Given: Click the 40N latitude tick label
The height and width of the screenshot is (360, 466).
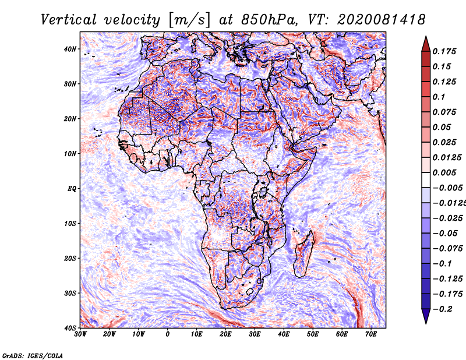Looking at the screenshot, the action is coord(70,49).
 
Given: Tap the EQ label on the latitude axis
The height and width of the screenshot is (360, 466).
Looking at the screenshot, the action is coord(72,189).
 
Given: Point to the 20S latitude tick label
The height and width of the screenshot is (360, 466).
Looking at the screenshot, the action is coord(70,258).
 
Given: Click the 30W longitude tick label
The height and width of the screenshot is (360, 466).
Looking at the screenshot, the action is coord(80,334).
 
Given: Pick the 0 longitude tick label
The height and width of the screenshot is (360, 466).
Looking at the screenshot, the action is coord(168,334).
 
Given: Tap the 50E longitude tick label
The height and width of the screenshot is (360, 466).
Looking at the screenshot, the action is coord(313,334).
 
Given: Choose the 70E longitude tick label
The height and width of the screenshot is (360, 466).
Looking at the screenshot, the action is coord(371,334).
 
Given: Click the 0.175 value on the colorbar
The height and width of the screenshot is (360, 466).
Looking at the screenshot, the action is coord(444,51).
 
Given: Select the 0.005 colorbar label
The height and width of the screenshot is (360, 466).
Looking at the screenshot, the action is coord(444,172).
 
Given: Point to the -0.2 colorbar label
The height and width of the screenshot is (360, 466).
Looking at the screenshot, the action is coord(442,309).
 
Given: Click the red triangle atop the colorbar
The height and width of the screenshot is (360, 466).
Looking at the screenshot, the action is coord(426,44).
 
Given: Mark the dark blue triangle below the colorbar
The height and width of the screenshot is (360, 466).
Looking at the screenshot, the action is coord(426,316).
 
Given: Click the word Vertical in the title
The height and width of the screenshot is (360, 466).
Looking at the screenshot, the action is coord(69,20).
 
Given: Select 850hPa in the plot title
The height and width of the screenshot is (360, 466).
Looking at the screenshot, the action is coord(269,20).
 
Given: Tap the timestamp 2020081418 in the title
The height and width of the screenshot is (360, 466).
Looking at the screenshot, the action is coord(382,20).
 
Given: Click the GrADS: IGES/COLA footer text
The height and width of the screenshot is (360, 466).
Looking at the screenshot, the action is coord(33,355).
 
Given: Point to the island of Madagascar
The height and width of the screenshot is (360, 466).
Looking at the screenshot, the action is coord(303,254).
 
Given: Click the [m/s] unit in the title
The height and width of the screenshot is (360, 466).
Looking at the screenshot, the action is coord(189,20).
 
